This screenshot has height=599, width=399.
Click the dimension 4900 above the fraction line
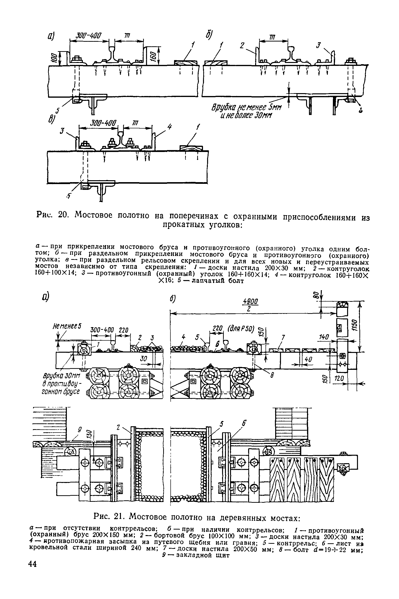pyautogui.click(x=251, y=302)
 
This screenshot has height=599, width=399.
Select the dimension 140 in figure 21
pyautogui.click(x=324, y=337)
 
